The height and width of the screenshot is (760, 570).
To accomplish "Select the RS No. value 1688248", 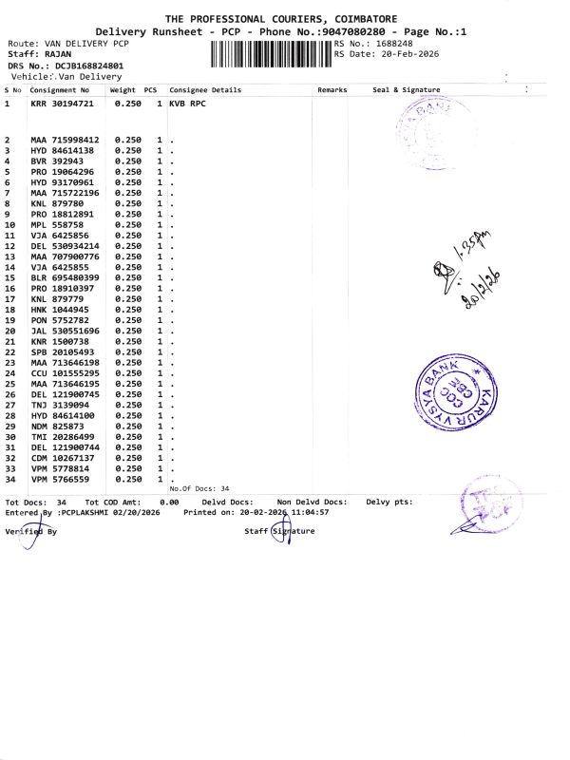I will (x=392, y=44).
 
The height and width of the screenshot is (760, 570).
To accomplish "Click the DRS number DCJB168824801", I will (x=94, y=66).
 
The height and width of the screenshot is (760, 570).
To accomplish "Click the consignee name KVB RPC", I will (x=188, y=103).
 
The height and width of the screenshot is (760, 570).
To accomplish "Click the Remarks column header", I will (x=332, y=90).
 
